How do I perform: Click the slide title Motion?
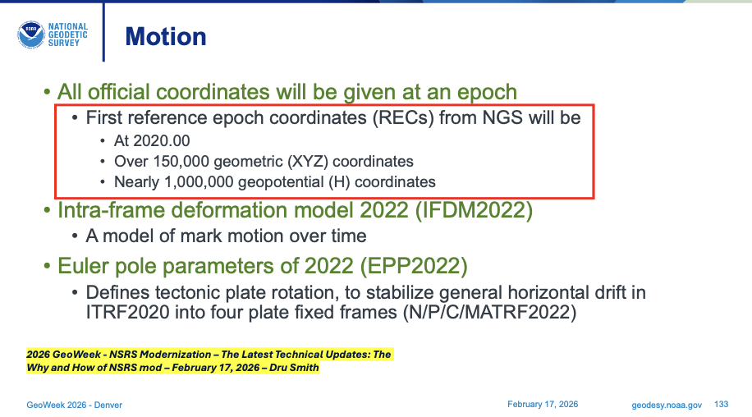pyautogui.click(x=165, y=36)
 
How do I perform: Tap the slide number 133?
pyautogui.click(x=722, y=405)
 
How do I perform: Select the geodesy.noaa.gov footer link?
pyautogui.click(x=667, y=405)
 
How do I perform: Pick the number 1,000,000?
pyautogui.click(x=196, y=181)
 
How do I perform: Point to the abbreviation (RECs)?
pyautogui.click(x=402, y=117)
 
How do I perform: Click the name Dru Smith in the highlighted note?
pyautogui.click(x=294, y=368)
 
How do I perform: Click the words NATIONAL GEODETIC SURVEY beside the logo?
pyautogui.click(x=67, y=34)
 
